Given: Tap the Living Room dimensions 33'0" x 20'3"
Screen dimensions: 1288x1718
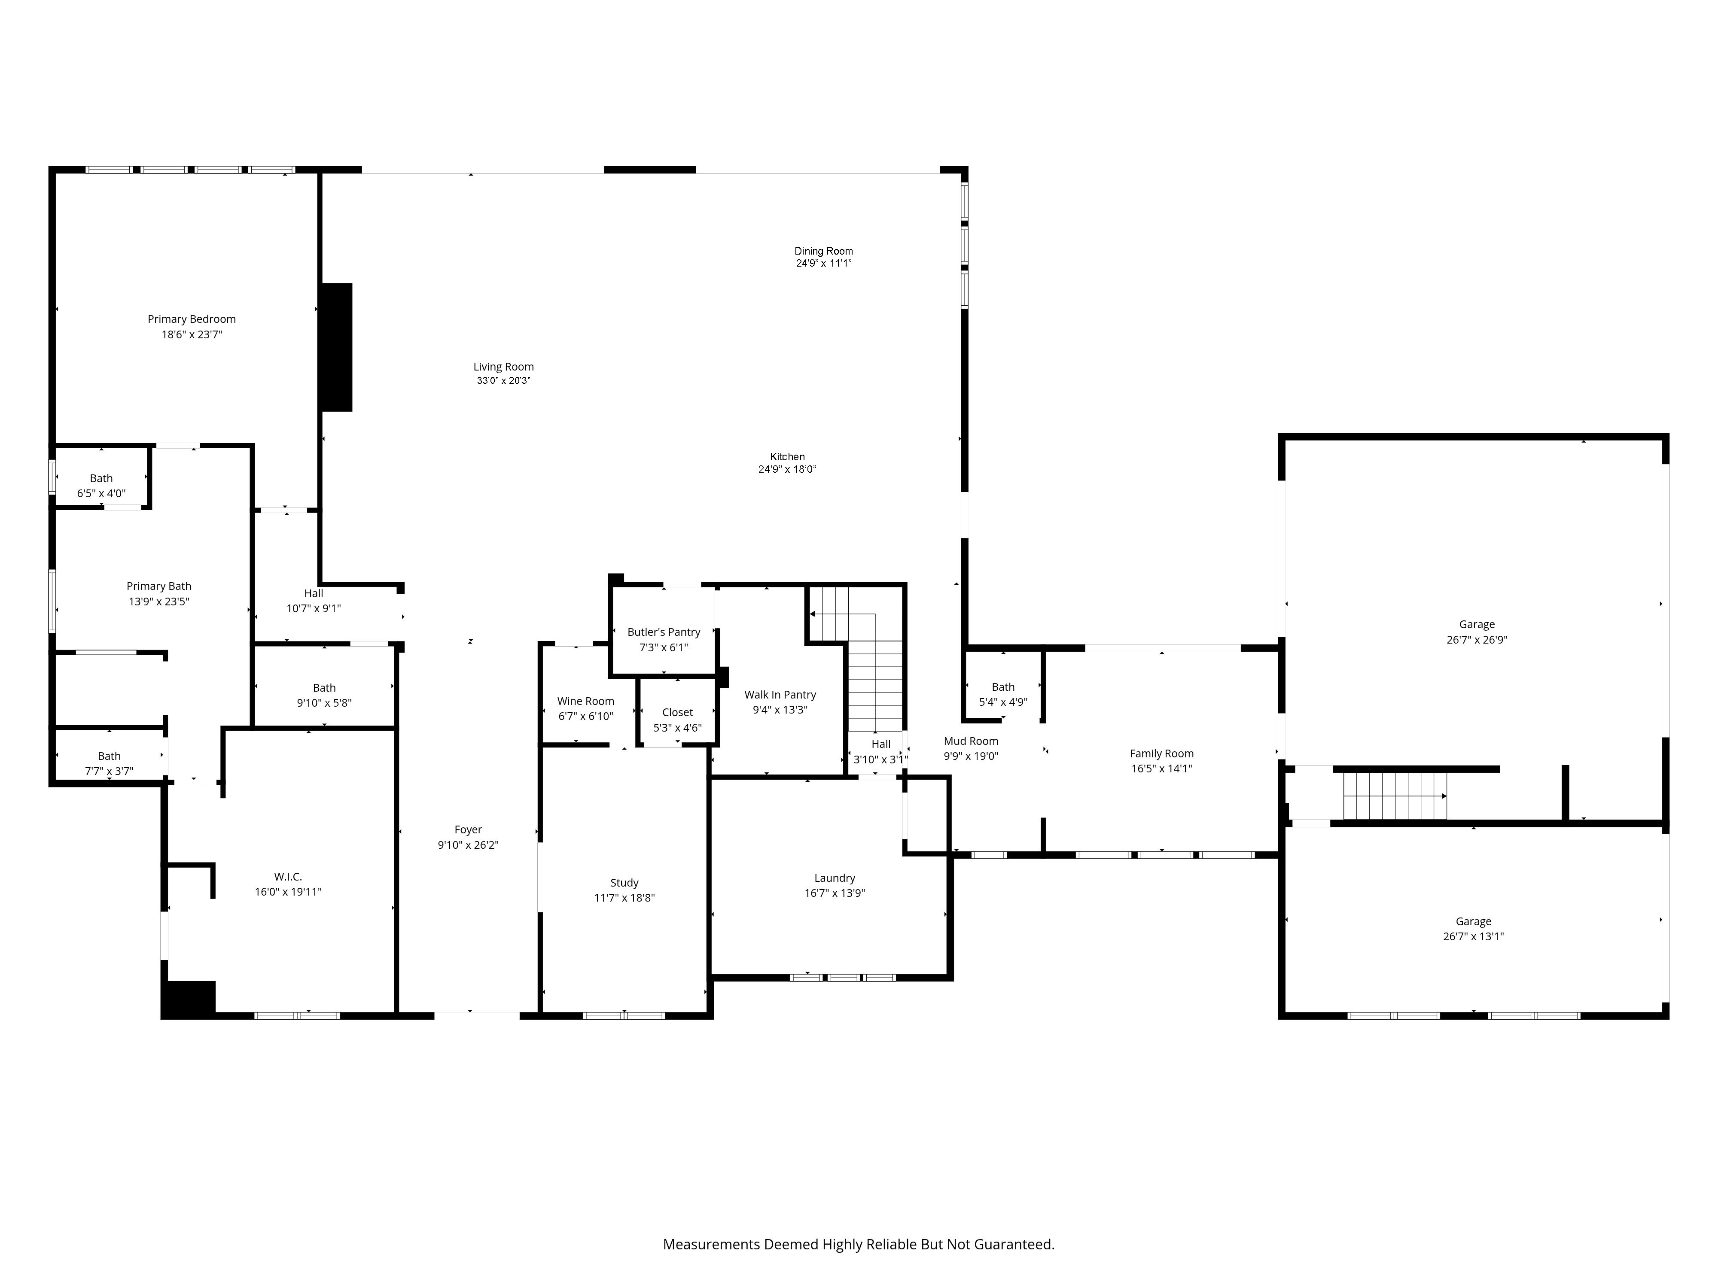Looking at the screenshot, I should [503, 380].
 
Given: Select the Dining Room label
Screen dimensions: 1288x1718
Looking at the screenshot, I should [823, 251].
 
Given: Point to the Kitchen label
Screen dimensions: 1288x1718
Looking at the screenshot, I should [787, 456].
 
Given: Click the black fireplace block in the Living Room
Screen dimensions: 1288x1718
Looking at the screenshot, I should [336, 346].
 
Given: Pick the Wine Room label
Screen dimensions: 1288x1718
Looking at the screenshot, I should [585, 701].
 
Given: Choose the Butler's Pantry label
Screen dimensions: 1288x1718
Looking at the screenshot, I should [663, 632].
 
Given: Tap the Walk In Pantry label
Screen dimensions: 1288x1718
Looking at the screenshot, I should [780, 695].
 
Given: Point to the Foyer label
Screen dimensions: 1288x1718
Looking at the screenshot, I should [468, 830].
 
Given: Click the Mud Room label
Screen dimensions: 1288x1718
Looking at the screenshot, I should [971, 741].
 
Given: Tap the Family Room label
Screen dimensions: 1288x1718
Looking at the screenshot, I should [1161, 754].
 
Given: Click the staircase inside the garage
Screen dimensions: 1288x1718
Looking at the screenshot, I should [1396, 796].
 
